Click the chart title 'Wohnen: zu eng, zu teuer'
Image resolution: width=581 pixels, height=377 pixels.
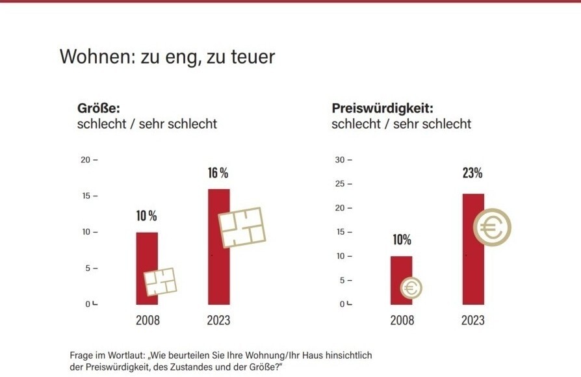coord(167,57)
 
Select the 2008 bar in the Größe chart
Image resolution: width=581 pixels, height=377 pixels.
coord(147,257)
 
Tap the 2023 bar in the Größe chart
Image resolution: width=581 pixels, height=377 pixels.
coord(219,273)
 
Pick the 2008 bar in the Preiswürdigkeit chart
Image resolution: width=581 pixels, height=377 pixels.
coord(401,270)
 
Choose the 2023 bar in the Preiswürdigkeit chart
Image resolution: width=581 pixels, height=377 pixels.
coord(473,273)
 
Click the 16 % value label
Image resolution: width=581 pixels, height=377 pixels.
coord(218,173)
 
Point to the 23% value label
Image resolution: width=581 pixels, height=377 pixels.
coord(472,173)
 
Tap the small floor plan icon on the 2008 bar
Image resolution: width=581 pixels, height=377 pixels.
coord(160,282)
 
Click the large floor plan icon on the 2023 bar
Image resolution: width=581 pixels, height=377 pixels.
coord(242,227)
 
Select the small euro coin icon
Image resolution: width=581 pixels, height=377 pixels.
coord(411,287)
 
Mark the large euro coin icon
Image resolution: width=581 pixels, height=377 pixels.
coord(492,227)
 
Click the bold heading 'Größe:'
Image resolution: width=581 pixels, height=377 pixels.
coord(99,108)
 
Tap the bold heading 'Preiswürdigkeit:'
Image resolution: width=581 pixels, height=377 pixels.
coord(382,108)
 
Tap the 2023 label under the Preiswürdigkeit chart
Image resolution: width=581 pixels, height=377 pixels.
coord(472,320)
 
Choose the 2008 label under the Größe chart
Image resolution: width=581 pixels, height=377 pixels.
coord(148,320)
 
